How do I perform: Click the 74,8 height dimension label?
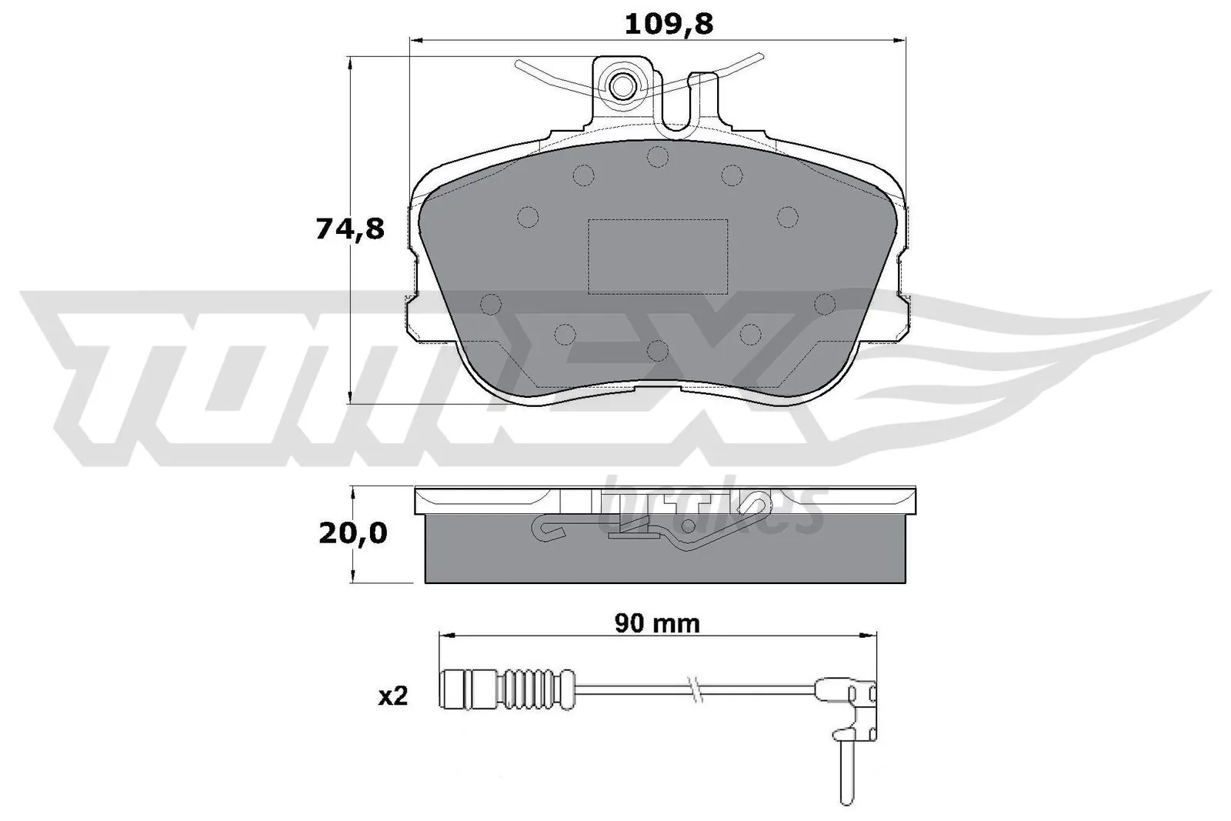point(349,229)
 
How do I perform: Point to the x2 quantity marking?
point(392,697)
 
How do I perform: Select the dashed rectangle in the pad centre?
point(658,256)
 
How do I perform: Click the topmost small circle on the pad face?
point(656,157)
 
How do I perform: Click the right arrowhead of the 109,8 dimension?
point(905,39)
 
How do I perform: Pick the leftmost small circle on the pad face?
point(490,305)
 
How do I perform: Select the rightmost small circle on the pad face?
point(825,305)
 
